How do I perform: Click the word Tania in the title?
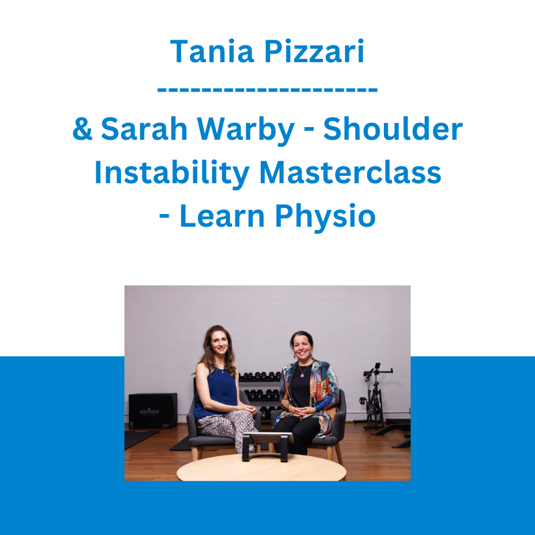coord(212,51)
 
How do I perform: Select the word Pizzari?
coord(314,51)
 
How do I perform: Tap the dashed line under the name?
coord(267,90)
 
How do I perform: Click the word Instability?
coord(172,174)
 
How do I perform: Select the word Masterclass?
coord(350,173)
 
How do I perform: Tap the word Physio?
coord(325,217)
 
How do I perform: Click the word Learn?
coord(222,215)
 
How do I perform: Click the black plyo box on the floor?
coord(153,411)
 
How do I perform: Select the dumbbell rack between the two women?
coord(261,393)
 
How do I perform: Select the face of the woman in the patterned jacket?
coord(302,348)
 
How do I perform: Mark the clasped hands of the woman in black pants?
coord(300,411)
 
